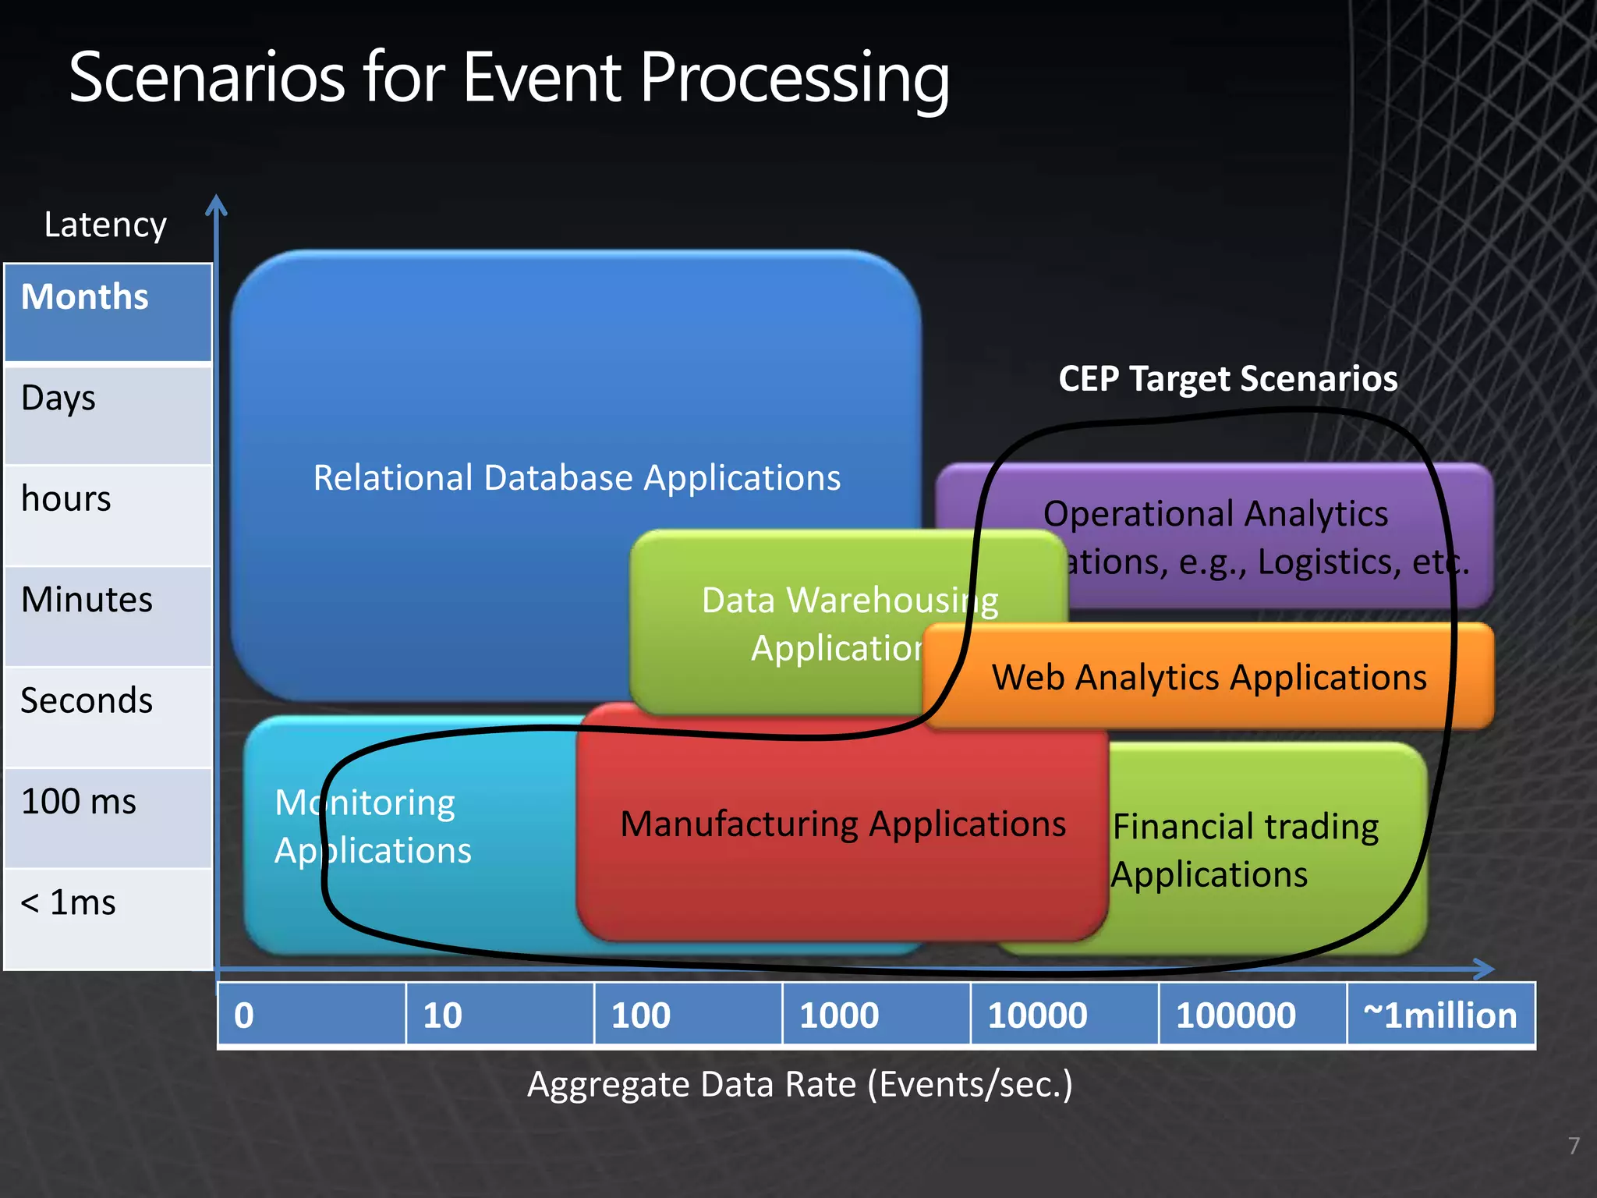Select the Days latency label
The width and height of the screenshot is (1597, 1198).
(58, 399)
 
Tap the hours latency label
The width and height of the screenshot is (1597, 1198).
(66, 499)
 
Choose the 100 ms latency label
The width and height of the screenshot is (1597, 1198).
(79, 802)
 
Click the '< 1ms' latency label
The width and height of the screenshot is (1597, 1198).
(68, 903)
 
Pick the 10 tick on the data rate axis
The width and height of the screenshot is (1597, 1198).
(442, 1015)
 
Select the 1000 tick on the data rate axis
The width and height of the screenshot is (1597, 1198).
(839, 1015)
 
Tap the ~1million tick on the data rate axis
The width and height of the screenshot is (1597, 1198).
(1439, 1015)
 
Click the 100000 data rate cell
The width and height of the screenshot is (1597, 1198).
(1236, 1015)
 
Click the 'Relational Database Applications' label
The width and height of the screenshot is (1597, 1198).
(577, 478)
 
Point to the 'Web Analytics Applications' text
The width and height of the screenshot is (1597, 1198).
(1209, 678)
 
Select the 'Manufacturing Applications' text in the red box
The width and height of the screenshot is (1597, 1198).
(843, 824)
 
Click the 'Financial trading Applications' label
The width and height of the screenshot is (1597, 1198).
(1245, 850)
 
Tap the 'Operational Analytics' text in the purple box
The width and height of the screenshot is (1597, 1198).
(1216, 515)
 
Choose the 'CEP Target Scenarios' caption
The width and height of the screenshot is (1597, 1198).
(1228, 379)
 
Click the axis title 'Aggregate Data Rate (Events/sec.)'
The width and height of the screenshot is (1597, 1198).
(800, 1085)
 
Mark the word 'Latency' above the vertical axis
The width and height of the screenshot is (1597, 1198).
(105, 225)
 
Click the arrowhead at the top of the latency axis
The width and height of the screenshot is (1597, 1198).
(216, 204)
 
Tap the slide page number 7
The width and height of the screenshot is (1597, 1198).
(1574, 1146)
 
